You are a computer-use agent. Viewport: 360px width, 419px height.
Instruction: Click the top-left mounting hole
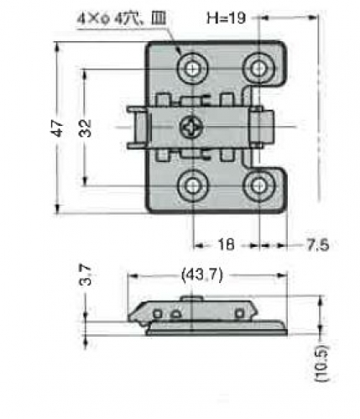pyautogui.click(x=193, y=69)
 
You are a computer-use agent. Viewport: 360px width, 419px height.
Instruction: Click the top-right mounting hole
pyautogui.click(x=259, y=69)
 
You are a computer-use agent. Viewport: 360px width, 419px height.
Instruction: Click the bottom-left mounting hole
pyautogui.click(x=193, y=185)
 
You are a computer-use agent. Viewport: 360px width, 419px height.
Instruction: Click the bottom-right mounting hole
pyautogui.click(x=259, y=185)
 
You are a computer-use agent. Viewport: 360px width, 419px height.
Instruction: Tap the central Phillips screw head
pyautogui.click(x=191, y=128)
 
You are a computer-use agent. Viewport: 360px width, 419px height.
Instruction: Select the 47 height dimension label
pyautogui.click(x=57, y=128)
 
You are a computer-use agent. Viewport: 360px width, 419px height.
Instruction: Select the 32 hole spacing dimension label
pyautogui.click(x=85, y=128)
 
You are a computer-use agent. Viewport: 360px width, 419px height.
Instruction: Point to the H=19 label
pyautogui.click(x=226, y=18)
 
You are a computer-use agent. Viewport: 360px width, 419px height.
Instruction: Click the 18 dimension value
pyautogui.click(x=226, y=244)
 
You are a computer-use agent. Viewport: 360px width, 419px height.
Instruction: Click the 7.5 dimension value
pyautogui.click(x=318, y=245)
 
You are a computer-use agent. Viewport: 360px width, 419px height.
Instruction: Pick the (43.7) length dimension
pyautogui.click(x=202, y=275)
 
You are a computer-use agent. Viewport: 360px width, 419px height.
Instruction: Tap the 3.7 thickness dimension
pyautogui.click(x=86, y=275)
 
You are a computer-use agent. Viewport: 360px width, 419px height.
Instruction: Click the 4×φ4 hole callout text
pyautogui.click(x=122, y=19)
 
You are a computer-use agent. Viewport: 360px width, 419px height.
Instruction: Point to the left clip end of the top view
pyautogui.click(x=137, y=128)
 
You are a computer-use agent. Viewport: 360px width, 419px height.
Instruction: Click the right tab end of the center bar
pyautogui.click(x=262, y=128)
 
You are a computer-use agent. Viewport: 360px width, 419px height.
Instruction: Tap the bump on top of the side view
pyautogui.click(x=191, y=298)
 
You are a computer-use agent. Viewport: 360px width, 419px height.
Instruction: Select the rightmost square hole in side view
pyautogui.click(x=239, y=313)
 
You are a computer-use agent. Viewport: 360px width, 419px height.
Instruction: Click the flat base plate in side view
pyautogui.click(x=217, y=333)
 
